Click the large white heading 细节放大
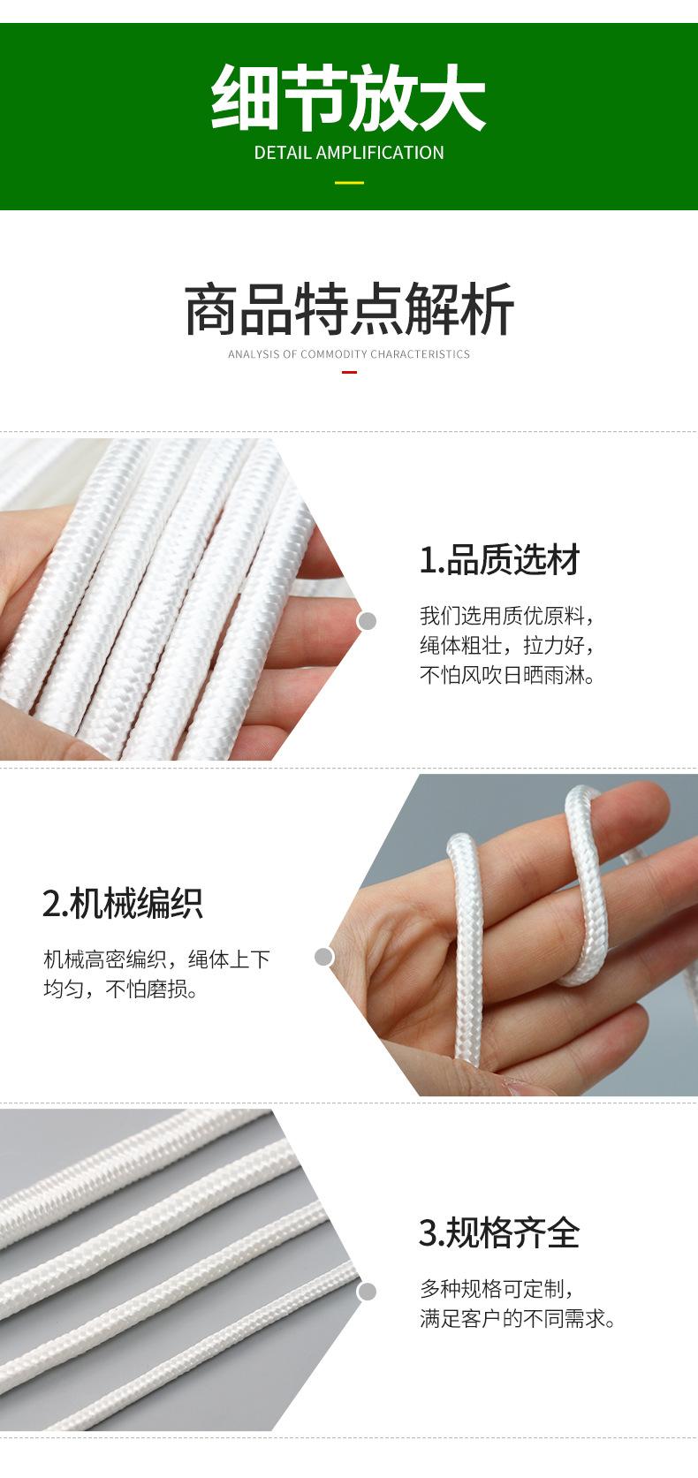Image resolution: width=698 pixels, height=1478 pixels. point(348,96)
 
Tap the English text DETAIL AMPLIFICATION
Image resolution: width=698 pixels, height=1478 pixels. point(349,153)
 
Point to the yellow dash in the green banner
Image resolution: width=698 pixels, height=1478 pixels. point(349,183)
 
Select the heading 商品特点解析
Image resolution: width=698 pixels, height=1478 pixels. point(349,310)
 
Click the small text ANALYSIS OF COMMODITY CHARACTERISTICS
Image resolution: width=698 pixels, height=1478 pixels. point(349,354)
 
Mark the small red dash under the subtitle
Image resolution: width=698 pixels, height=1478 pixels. point(349,373)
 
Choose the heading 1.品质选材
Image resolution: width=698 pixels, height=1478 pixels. point(499,560)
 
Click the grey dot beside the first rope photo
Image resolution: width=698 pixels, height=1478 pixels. point(367,621)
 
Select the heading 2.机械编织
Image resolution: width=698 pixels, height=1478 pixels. point(123,903)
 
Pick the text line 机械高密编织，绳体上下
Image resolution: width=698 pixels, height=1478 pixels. point(157,959)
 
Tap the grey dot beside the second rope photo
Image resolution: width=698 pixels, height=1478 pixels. point(324,957)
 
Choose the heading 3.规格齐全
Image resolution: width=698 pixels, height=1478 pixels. point(499,1232)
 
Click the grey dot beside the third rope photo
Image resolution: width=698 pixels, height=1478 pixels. point(367,1292)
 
